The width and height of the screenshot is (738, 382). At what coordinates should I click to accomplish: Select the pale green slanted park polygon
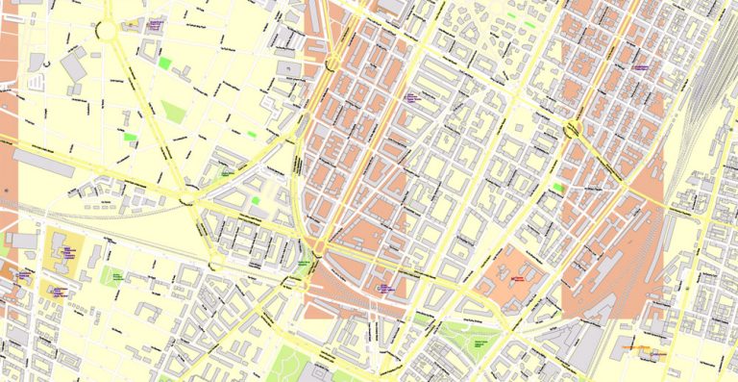click(173, 112)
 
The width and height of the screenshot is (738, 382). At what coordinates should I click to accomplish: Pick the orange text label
click(629, 344)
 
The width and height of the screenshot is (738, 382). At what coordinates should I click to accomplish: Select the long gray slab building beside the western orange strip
click(43, 163)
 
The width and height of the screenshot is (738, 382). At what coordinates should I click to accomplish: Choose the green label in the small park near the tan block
click(115, 276)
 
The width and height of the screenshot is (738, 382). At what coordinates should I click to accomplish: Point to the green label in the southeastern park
click(480, 344)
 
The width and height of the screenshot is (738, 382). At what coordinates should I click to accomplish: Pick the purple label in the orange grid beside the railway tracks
click(637, 66)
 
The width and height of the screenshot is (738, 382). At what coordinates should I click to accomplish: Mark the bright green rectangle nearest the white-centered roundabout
click(164, 64)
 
